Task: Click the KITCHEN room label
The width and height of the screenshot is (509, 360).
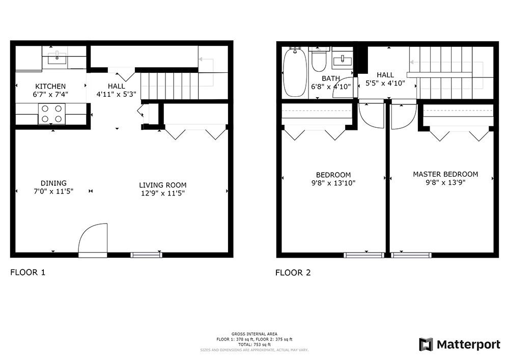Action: [50, 87]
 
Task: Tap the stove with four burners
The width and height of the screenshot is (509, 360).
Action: [52, 114]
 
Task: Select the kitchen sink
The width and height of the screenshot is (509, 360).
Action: [57, 58]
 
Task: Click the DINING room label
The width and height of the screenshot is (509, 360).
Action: [53, 183]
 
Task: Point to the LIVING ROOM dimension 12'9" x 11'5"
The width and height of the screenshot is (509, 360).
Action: [163, 193]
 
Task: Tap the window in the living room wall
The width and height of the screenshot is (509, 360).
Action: [147, 255]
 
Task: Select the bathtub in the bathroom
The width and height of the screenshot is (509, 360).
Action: [294, 72]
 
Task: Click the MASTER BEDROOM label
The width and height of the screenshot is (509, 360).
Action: [445, 174]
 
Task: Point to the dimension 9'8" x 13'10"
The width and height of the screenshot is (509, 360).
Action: [333, 183]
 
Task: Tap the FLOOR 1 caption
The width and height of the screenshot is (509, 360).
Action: [28, 272]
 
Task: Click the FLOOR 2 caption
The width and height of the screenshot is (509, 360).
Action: [293, 273]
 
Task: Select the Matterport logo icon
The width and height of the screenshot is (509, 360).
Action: [426, 344]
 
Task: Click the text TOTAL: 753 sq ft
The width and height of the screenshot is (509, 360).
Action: [254, 345]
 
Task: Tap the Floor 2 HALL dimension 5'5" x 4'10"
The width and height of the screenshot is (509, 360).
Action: [385, 83]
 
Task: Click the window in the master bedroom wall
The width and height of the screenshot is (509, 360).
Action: [411, 255]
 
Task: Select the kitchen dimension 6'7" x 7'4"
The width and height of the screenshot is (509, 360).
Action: [50, 95]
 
